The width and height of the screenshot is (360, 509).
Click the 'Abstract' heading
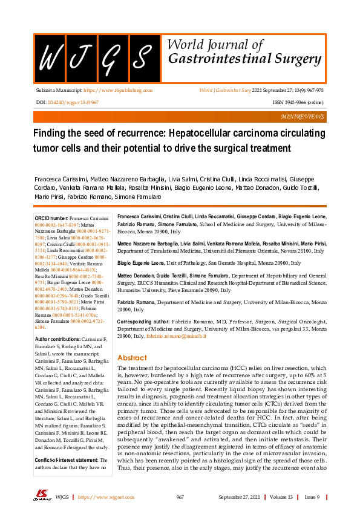click(x=132, y=357)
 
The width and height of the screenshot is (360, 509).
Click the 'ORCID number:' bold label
click(x=51, y=218)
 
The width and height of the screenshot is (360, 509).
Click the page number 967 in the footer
click(x=180, y=497)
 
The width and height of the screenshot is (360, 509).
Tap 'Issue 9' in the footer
click(x=312, y=497)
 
